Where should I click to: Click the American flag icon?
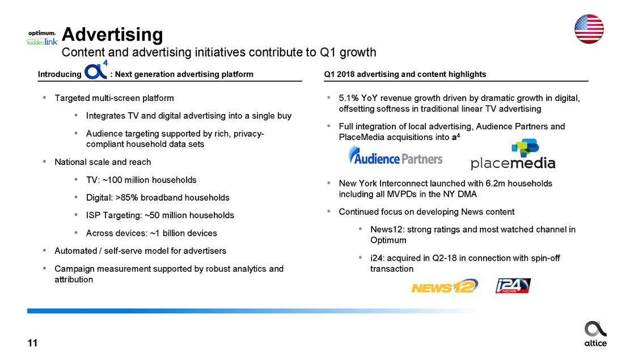tap(589, 29)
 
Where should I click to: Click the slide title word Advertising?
tap(112, 35)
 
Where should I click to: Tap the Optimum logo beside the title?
tap(42, 33)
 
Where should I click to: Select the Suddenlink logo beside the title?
tap(42, 41)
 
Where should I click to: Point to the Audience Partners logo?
tap(395, 155)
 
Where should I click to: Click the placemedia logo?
tap(513, 154)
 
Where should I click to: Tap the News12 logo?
tap(445, 286)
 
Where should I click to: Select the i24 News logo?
tap(513, 286)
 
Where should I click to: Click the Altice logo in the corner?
tap(595, 334)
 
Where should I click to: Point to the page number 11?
tap(32, 343)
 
